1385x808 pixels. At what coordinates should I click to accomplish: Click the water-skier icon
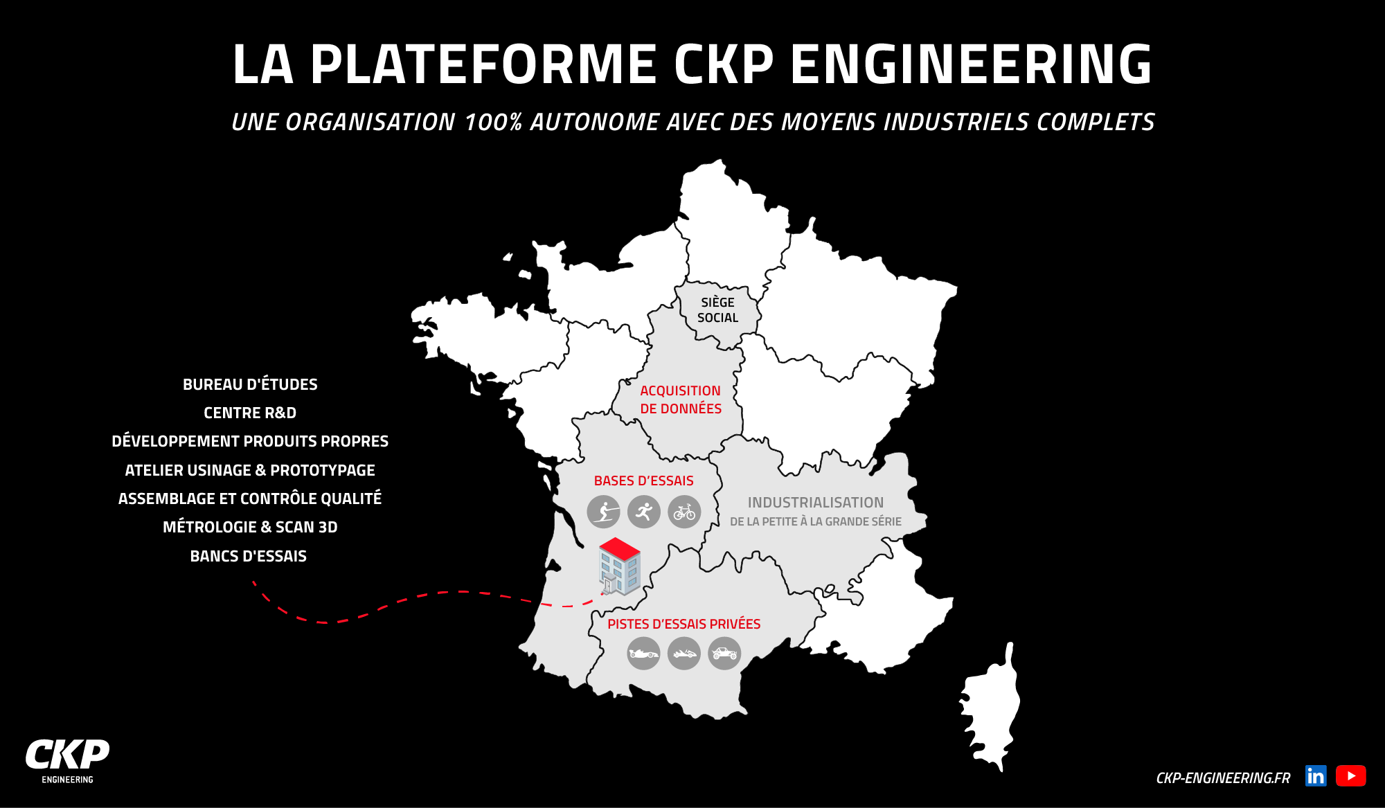tap(603, 512)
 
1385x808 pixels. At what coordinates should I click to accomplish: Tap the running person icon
tap(644, 512)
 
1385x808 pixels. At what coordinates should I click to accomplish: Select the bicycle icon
tap(684, 512)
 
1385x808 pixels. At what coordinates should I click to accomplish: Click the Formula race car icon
tap(643, 653)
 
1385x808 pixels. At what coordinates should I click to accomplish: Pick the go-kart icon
tap(684, 653)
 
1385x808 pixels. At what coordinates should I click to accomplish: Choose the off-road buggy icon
tap(724, 653)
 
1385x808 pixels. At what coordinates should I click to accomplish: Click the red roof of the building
tap(619, 548)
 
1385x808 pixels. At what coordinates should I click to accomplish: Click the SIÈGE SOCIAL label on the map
tap(717, 310)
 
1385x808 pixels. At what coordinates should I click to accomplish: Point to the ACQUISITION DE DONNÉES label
tap(680, 400)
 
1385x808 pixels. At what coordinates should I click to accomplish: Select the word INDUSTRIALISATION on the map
tap(815, 503)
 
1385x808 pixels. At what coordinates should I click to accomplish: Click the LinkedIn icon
tap(1316, 776)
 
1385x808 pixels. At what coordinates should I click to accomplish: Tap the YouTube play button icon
tap(1350, 776)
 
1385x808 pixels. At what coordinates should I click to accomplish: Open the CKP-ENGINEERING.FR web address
tap(1223, 778)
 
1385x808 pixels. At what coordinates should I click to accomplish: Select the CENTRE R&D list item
tap(250, 413)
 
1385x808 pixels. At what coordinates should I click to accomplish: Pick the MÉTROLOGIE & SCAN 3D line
tap(250, 528)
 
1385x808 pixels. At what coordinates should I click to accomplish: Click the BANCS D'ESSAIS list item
tap(248, 556)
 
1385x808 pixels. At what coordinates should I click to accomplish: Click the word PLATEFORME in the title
tap(483, 64)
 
